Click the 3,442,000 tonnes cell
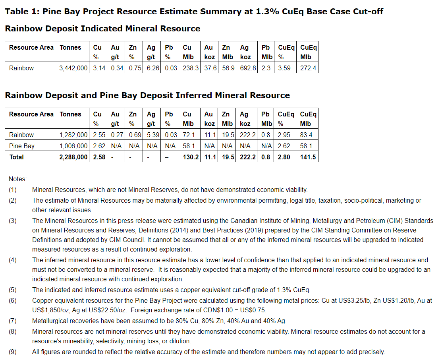[x=73, y=68]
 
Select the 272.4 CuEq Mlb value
[x=309, y=68]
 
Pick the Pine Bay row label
[x=22, y=146]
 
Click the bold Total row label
[x=16, y=157]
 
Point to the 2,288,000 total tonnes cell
[x=73, y=157]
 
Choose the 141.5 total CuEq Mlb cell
[x=309, y=157]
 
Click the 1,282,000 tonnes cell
[x=73, y=135]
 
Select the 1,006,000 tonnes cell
[x=73, y=146]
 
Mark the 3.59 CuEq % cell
[x=284, y=68]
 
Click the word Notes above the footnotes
[x=17, y=179]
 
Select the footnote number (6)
[x=13, y=301]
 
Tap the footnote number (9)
[x=13, y=352]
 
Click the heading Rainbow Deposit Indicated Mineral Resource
[x=102, y=29]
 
